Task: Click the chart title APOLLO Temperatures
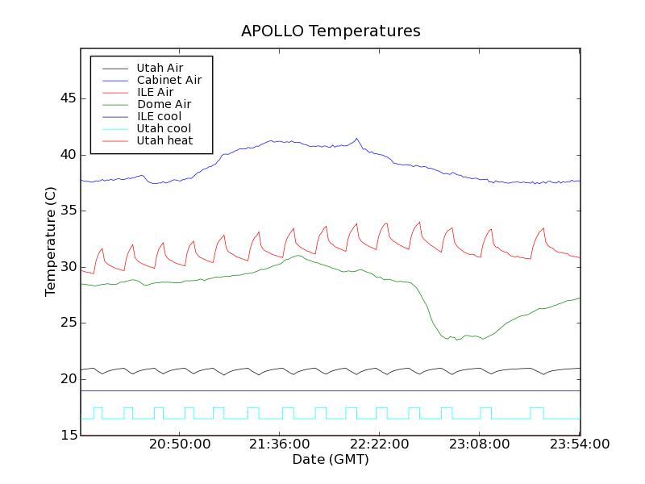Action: tap(331, 31)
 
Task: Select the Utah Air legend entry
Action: tap(160, 68)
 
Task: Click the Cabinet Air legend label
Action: tap(169, 80)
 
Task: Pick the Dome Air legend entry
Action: tap(164, 104)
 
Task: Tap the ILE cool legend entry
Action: tap(159, 116)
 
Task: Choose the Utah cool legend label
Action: tap(164, 128)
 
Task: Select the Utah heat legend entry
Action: tap(164, 140)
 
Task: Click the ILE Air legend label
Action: tap(155, 92)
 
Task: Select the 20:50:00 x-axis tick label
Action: tap(180, 445)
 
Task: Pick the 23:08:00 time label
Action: tap(480, 445)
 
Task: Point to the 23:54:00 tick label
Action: tap(580, 445)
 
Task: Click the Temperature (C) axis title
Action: tap(51, 242)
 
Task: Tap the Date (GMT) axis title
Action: tap(331, 460)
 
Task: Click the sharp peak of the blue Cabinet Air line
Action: tap(357, 138)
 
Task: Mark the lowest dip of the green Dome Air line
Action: tap(457, 340)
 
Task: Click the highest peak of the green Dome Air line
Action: tap(299, 256)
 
